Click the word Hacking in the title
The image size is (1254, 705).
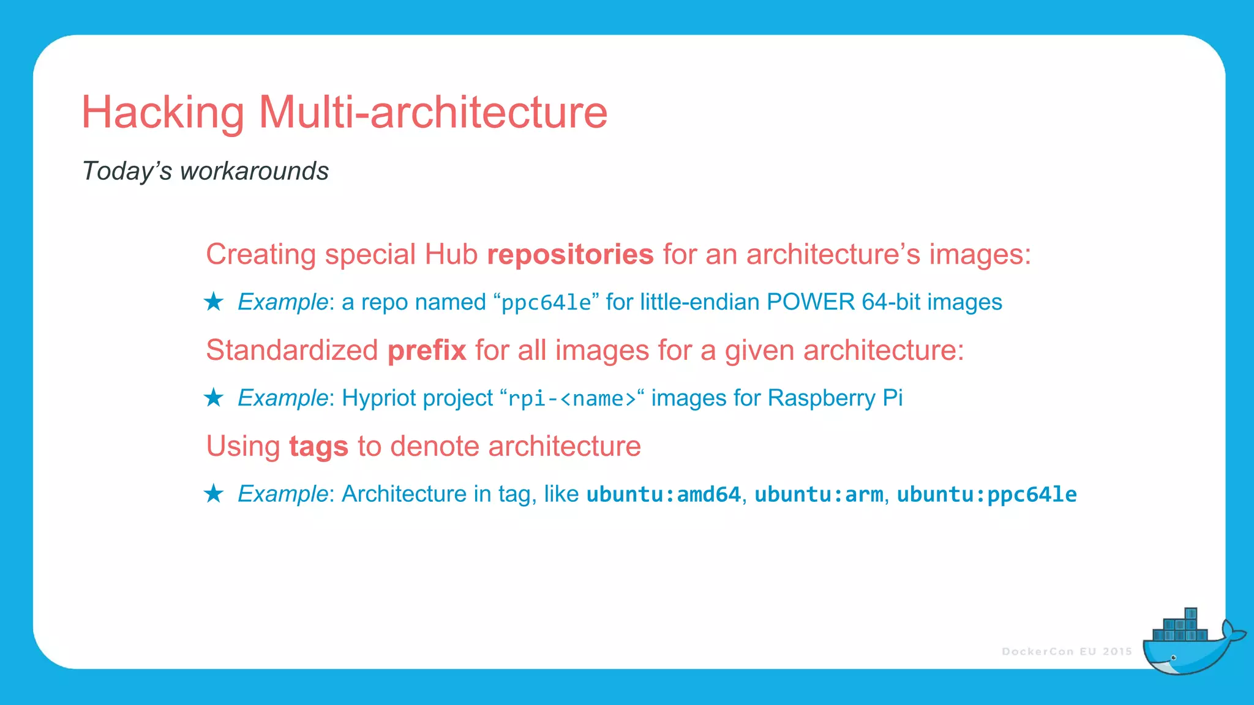click(x=163, y=113)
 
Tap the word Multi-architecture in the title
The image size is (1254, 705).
click(x=433, y=113)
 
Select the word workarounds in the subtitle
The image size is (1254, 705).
click(x=254, y=171)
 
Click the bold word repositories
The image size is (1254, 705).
click(x=570, y=255)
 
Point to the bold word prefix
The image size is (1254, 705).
click(x=427, y=351)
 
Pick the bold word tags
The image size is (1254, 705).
click(x=318, y=446)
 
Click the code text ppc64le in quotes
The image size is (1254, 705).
click(x=546, y=303)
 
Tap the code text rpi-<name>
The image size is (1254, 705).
click(x=573, y=399)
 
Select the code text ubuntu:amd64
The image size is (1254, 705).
click(x=664, y=494)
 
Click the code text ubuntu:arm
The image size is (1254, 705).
click(x=819, y=494)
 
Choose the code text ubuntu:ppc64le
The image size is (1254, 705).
click(x=986, y=494)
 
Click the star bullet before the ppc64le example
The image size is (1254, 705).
click(x=214, y=302)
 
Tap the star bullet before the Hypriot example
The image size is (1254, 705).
click(x=214, y=398)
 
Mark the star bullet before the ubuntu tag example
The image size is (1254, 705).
click(x=214, y=493)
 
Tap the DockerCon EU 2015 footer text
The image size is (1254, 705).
click(x=1067, y=652)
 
